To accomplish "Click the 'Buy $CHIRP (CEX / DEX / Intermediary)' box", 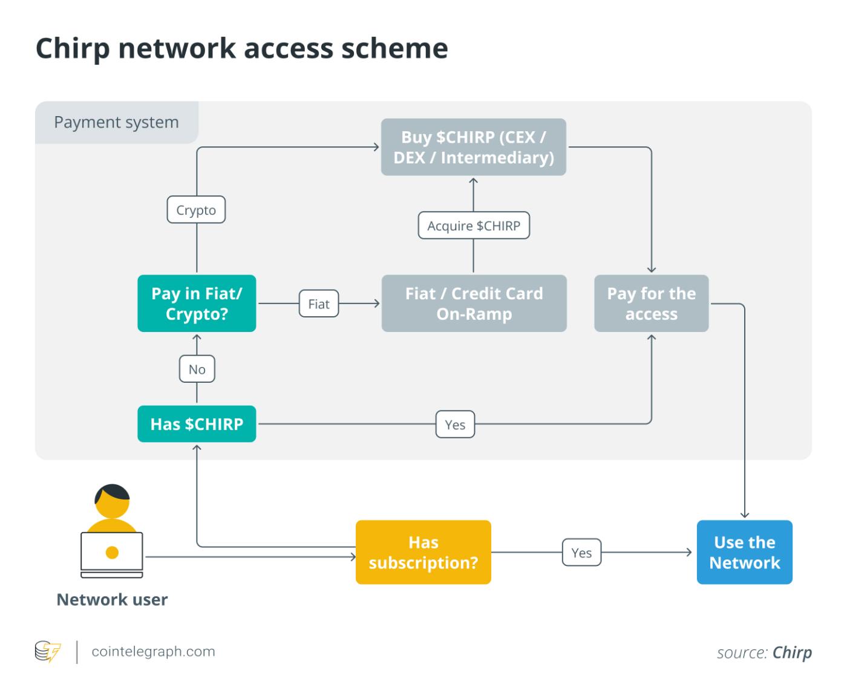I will [x=473, y=147].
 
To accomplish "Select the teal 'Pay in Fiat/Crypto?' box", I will [x=197, y=304].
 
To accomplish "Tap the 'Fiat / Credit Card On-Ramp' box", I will [x=474, y=304].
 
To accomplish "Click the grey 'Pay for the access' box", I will [x=651, y=304].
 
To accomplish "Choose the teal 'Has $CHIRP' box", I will [x=197, y=424].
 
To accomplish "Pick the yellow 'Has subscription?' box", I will [x=423, y=552].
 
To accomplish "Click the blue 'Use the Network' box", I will [x=744, y=552].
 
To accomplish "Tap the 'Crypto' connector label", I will [x=196, y=210].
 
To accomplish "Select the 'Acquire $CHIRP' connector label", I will [x=474, y=226].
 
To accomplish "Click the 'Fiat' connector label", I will [x=319, y=304].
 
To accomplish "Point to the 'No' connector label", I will [x=197, y=369].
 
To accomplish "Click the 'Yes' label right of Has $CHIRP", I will [x=455, y=424].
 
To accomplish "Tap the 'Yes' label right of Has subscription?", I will [x=581, y=553].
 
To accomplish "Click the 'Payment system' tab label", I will [x=116, y=122].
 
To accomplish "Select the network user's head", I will [x=112, y=501].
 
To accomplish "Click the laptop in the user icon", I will [x=112, y=553].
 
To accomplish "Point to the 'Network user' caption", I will [x=112, y=599].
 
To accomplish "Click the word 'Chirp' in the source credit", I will [x=792, y=652].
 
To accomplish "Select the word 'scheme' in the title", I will [x=394, y=48].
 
